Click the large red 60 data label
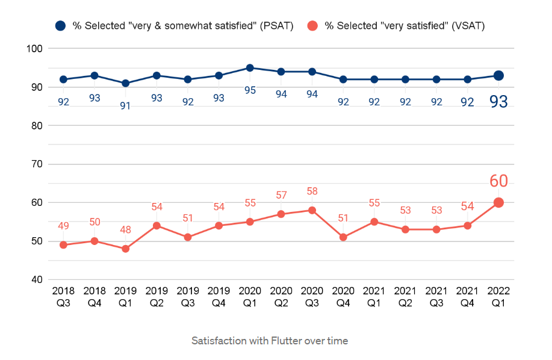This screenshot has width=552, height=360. [x=498, y=181]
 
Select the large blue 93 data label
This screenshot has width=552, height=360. [x=498, y=102]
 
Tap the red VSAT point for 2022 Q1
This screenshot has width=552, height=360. [x=498, y=203]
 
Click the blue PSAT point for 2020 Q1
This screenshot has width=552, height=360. [x=250, y=68]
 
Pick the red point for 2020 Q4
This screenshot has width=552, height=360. [x=343, y=237]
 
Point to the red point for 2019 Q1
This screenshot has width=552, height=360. [x=125, y=249]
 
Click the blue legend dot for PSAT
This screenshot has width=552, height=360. [x=60, y=26]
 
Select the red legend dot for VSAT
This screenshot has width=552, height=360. [x=312, y=26]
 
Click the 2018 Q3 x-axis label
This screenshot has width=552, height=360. [x=63, y=297]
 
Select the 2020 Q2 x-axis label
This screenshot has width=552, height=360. [x=281, y=297]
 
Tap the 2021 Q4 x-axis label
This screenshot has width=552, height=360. [x=467, y=297]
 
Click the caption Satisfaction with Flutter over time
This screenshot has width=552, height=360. [x=270, y=341]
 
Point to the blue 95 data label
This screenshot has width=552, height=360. [x=250, y=90]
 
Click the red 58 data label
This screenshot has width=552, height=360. [x=312, y=191]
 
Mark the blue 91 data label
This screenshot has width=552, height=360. [x=125, y=106]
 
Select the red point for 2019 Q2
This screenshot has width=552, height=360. [x=157, y=226]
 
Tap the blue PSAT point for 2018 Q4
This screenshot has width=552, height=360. [x=95, y=76]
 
